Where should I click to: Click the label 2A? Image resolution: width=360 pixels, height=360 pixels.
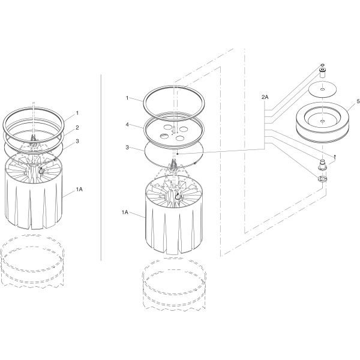pos(265,97)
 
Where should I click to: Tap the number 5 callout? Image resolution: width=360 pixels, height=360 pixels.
pos(358,101)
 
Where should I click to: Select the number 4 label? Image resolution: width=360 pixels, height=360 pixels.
pos(127,125)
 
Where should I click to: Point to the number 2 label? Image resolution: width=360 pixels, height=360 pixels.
pos(77,127)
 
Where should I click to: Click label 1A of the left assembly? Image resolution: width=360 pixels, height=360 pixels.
pos(79,189)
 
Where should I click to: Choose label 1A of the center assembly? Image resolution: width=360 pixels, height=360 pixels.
pos(125,212)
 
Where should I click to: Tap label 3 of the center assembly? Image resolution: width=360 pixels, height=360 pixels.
pos(127,148)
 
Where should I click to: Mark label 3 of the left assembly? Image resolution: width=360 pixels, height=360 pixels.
pos(77,141)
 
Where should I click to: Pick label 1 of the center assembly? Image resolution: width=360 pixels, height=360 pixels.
pos(127,98)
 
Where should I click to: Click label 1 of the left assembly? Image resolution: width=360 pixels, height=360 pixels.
pos(77,113)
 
